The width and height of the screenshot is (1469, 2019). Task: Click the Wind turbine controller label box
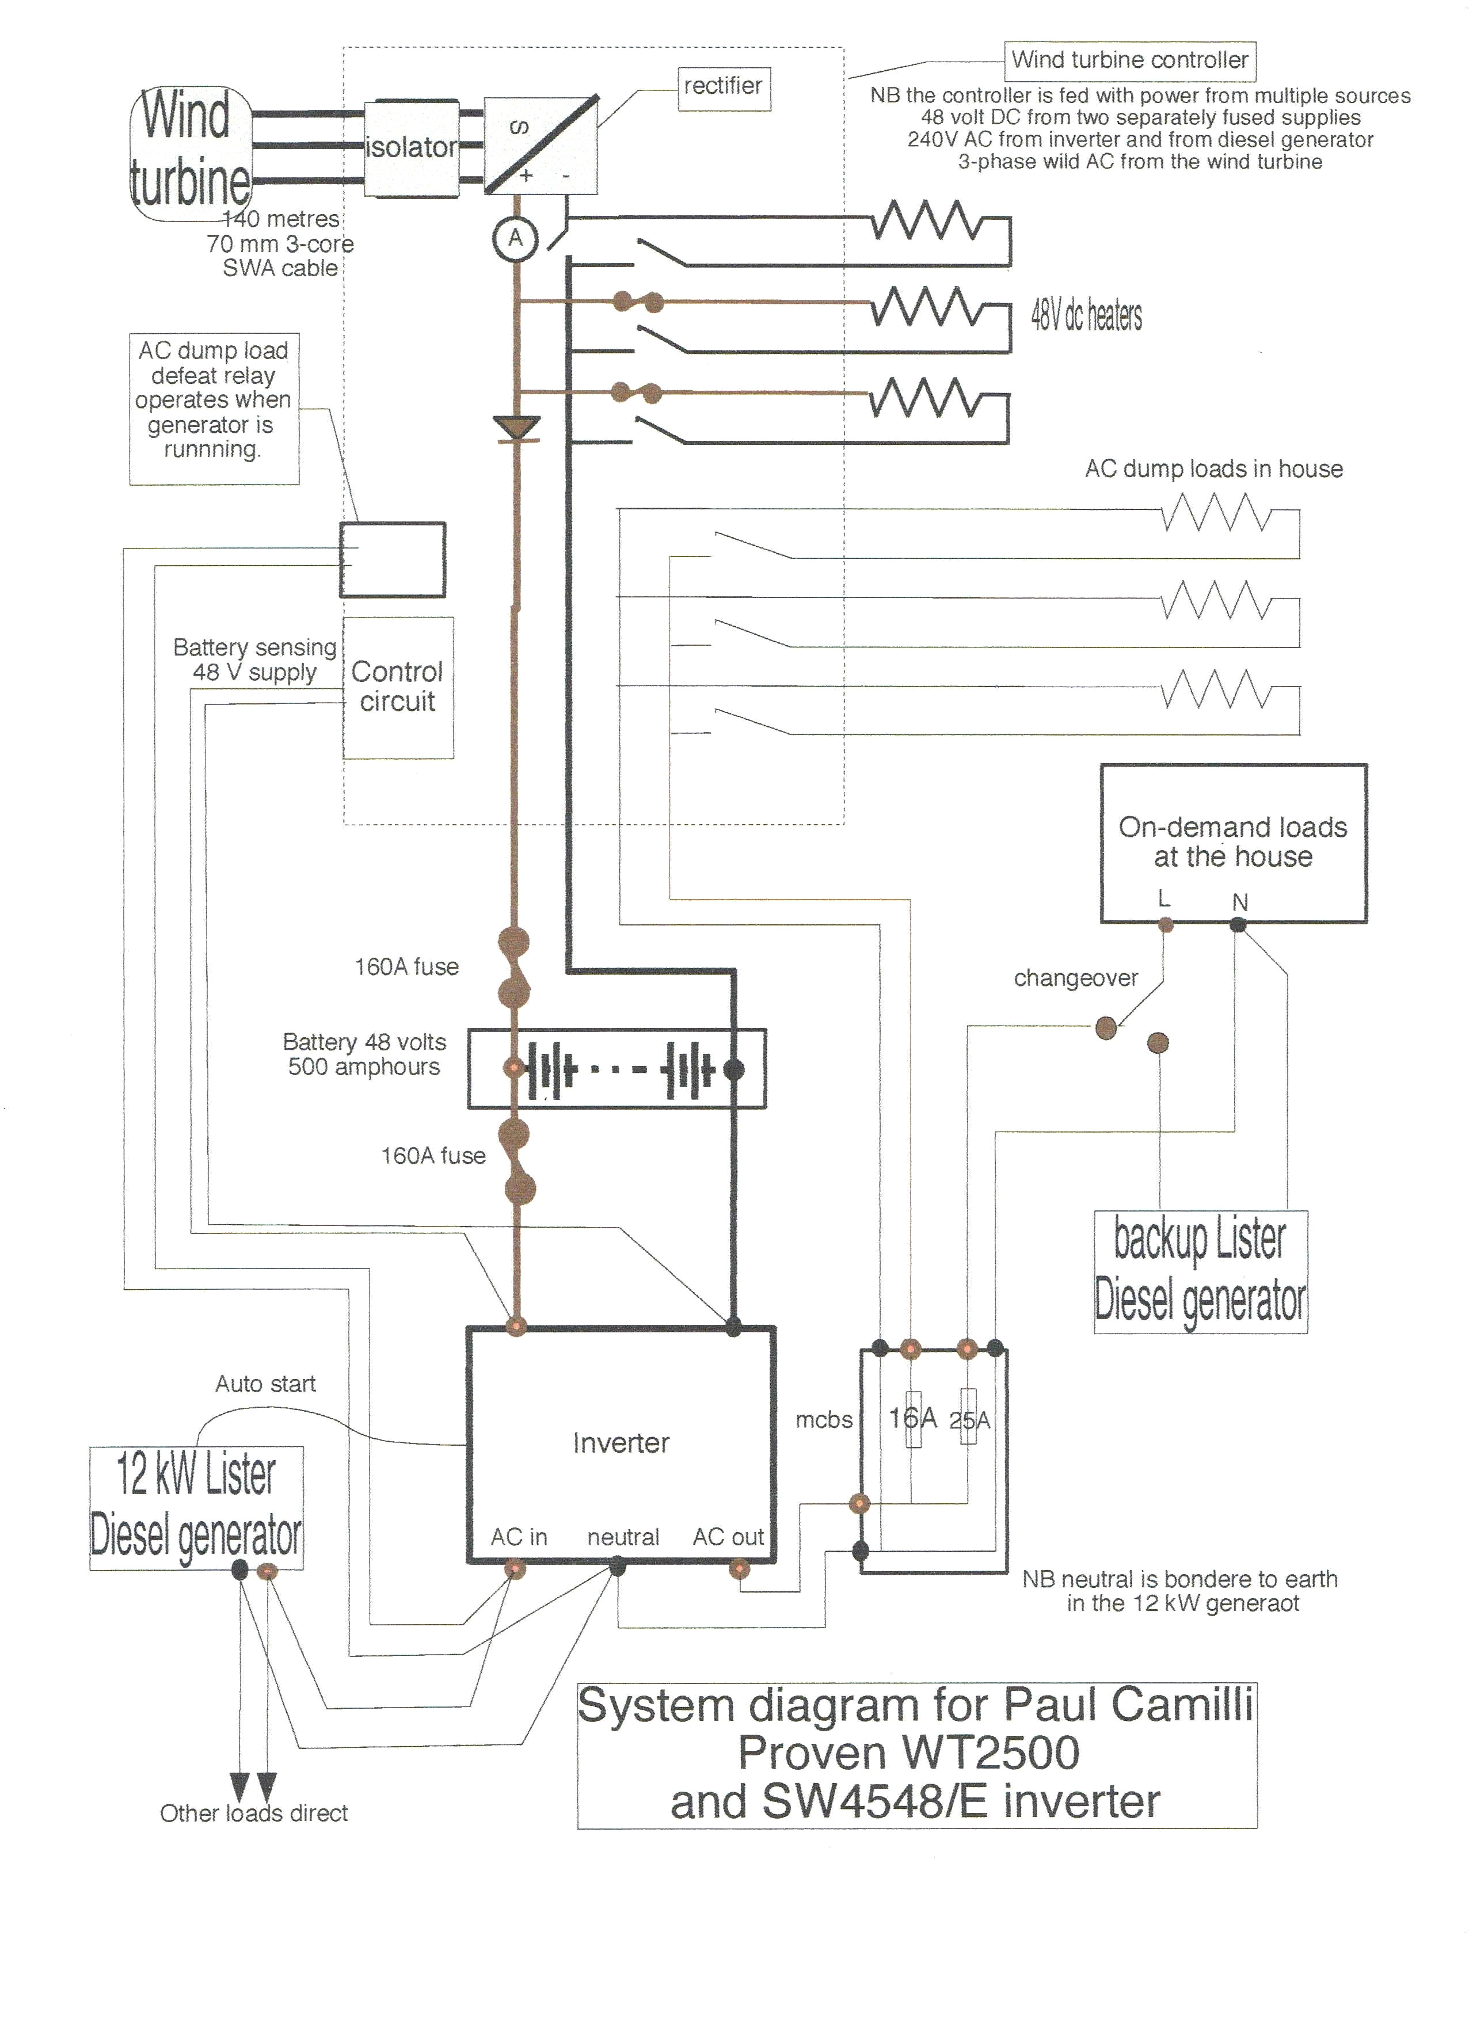coord(1130,60)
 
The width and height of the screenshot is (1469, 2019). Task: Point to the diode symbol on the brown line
coord(516,428)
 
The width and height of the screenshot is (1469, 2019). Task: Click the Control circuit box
coord(398,687)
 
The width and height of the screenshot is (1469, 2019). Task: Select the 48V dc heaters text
coord(1086,316)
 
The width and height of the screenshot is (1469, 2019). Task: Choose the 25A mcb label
coord(969,1420)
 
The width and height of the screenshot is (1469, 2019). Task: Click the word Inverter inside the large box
coord(621,1443)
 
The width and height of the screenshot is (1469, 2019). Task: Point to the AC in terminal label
coord(518,1537)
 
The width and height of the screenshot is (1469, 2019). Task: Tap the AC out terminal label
coord(728,1537)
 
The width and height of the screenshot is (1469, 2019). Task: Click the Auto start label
coord(265,1384)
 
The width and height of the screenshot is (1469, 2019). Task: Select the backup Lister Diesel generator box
coord(1200,1271)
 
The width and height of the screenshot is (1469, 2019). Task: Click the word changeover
coord(1075,978)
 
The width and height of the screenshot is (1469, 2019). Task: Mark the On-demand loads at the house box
coord(1233,842)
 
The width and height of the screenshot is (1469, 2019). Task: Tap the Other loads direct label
coord(254,1814)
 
